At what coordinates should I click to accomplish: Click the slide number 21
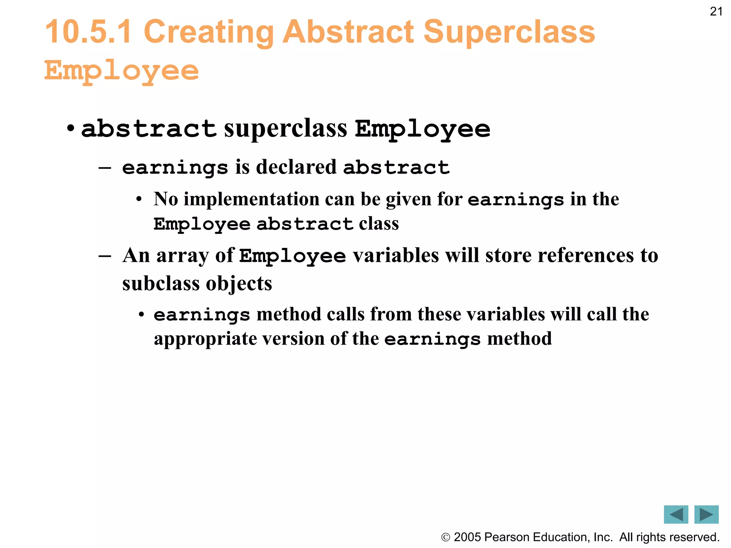(x=716, y=12)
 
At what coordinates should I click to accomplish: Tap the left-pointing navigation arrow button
(x=676, y=514)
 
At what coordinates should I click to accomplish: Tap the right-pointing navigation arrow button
(x=706, y=514)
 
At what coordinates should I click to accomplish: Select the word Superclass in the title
(x=509, y=32)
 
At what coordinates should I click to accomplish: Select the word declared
(x=296, y=167)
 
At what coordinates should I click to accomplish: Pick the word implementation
(x=251, y=199)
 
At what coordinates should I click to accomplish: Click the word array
(x=182, y=255)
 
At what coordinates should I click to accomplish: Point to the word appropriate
(x=205, y=339)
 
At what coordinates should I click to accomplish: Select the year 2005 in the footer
(x=467, y=537)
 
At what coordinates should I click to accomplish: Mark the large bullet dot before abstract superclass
(x=71, y=128)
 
